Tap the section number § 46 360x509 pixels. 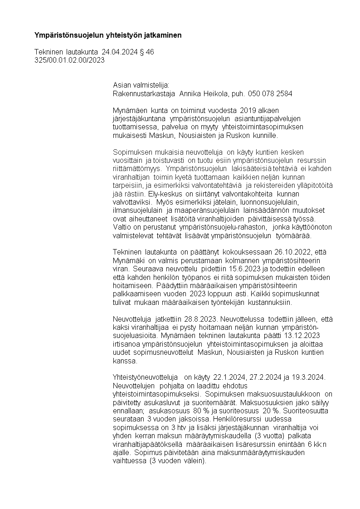[x=148, y=52]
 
